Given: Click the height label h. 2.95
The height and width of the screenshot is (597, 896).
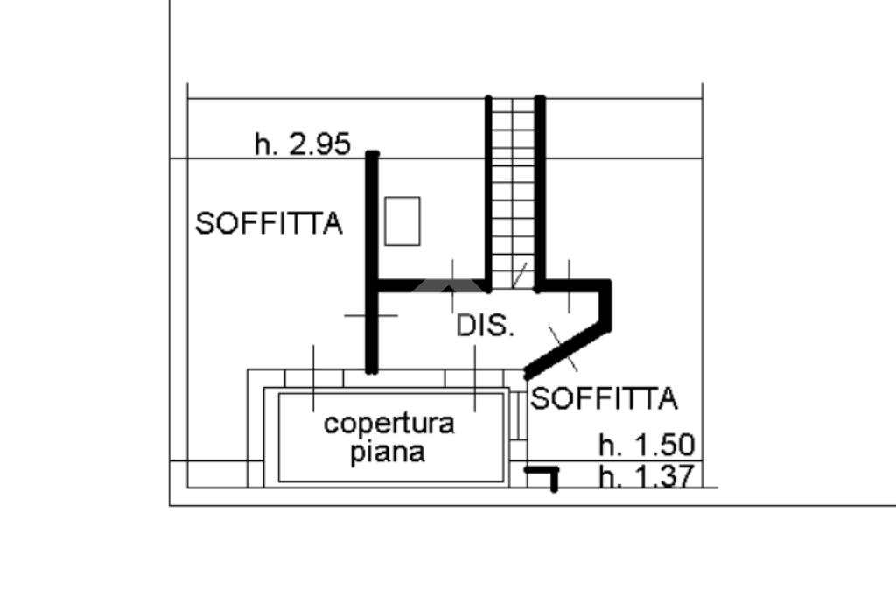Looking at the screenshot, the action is click(x=302, y=144).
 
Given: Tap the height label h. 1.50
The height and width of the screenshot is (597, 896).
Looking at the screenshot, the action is click(x=646, y=446).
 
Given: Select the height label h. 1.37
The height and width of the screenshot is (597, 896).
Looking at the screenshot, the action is click(x=646, y=477).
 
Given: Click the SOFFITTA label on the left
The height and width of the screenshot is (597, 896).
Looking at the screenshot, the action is click(x=268, y=224).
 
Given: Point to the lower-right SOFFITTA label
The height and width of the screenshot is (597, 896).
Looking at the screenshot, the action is click(x=605, y=399).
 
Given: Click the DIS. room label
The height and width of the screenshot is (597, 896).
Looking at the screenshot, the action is click(x=485, y=326).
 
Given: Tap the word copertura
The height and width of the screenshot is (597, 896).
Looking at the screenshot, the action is click(x=388, y=424).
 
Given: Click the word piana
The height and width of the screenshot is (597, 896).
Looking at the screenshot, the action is click(x=388, y=453).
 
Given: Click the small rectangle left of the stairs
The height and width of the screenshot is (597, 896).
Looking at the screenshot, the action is click(x=402, y=221).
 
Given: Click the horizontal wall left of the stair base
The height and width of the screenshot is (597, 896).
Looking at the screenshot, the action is click(x=429, y=285).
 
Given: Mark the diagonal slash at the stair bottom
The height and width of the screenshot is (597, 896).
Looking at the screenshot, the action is click(x=520, y=274).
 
